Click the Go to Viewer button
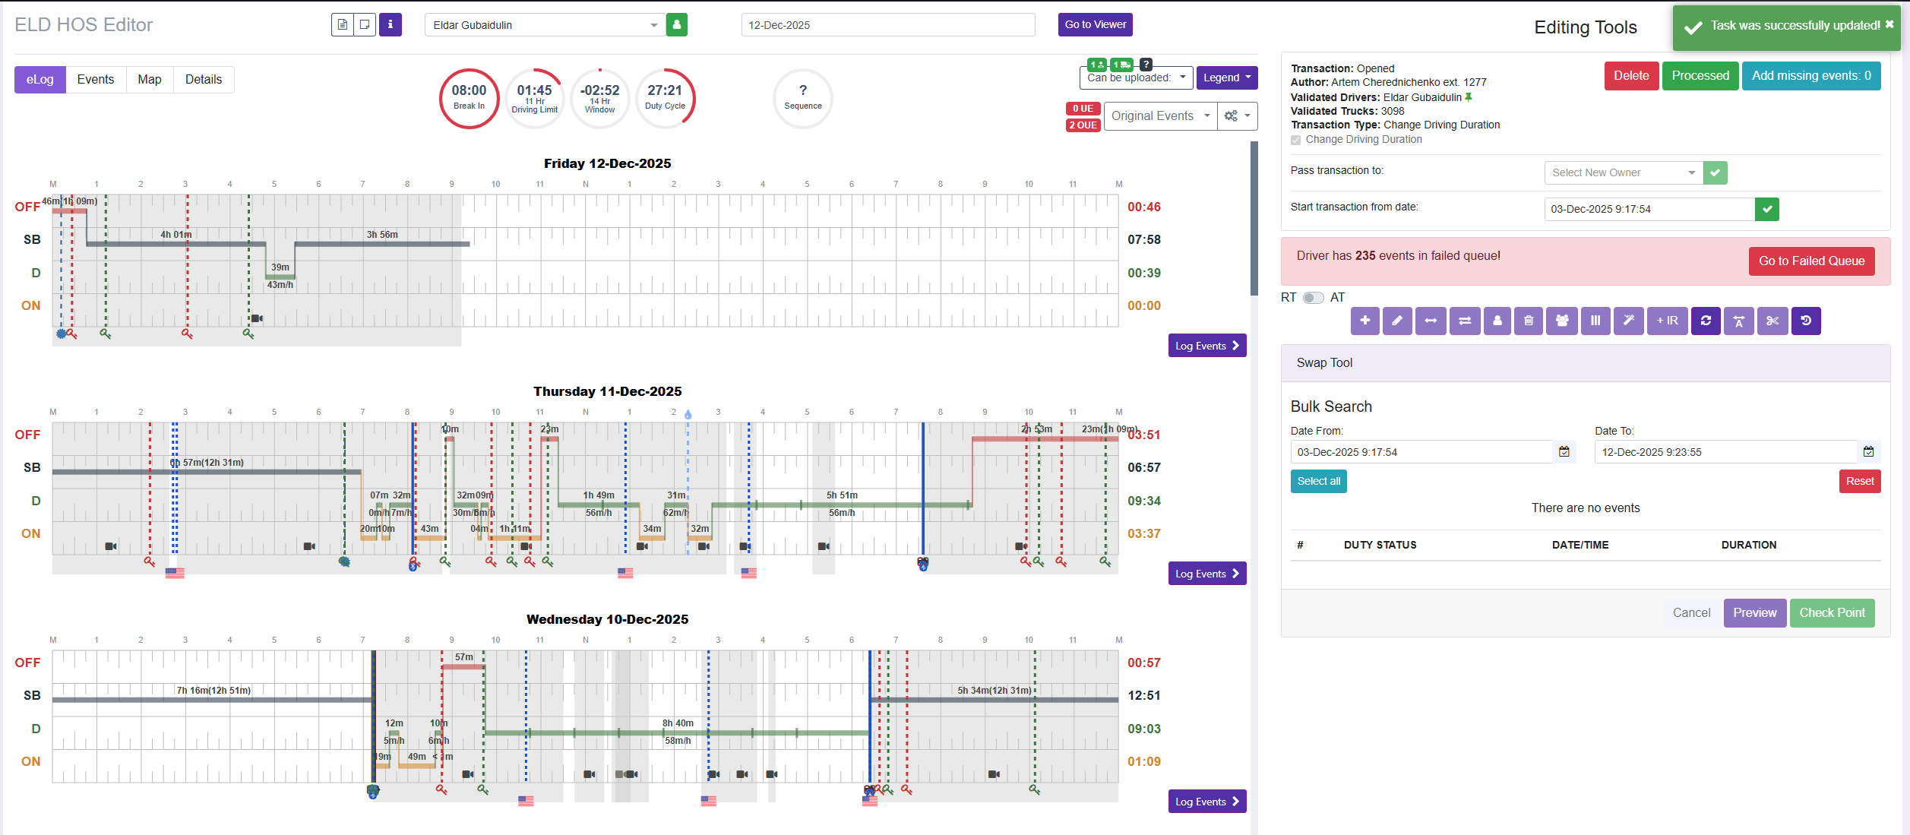1095,24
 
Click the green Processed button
1700,76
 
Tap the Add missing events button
1810,76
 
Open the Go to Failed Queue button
1811,261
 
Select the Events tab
95,80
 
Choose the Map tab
149,80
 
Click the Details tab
204,80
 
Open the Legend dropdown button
1226,77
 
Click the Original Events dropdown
1159,116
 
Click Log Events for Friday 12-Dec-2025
1206,346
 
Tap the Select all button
1318,482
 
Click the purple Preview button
1754,613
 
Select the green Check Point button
1832,613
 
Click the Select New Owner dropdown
1623,173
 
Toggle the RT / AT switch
1313,298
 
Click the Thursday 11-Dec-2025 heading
607,391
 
